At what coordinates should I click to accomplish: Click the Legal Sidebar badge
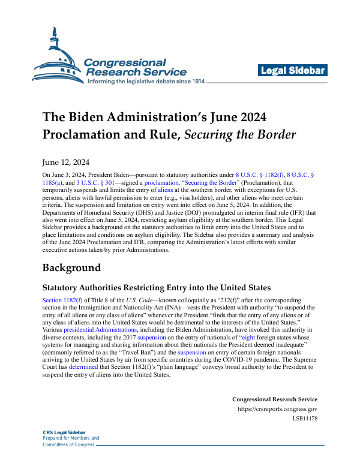click(293, 71)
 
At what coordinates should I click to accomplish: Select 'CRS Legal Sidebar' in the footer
click(64, 432)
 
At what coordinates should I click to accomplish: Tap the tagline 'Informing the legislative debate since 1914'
click(155, 81)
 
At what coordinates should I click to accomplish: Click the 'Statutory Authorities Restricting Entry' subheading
click(157, 287)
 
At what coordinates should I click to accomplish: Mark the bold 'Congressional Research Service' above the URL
click(275, 399)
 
